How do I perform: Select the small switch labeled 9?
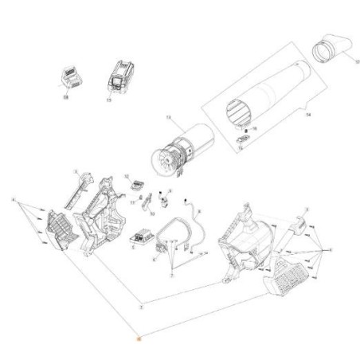(x=168, y=196)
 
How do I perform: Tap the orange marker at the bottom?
(x=137, y=338)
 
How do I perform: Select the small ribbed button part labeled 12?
(x=135, y=185)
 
